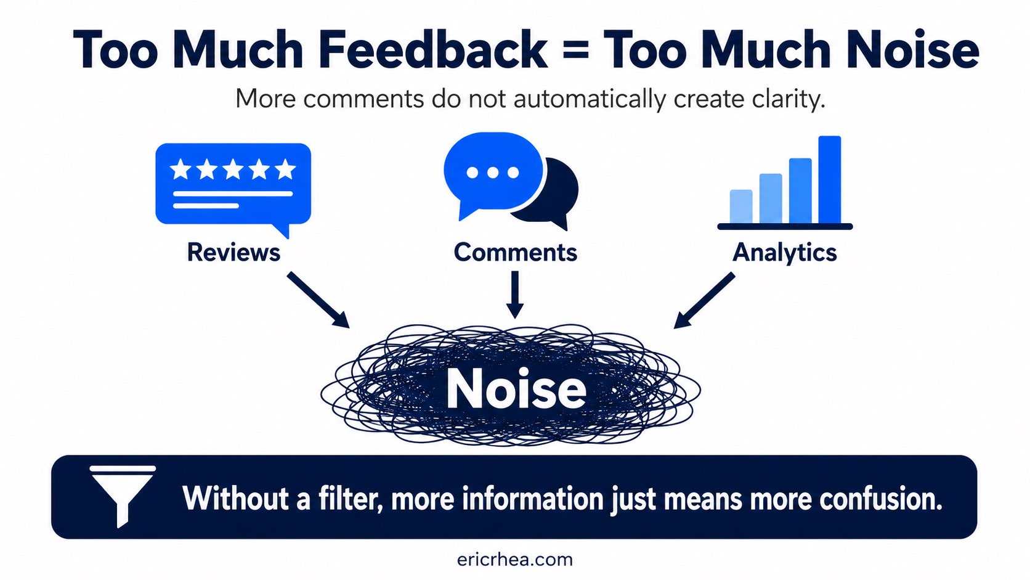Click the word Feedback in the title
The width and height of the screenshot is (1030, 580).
click(x=432, y=50)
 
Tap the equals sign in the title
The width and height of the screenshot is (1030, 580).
click(x=575, y=51)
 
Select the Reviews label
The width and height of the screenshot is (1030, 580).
click(x=233, y=252)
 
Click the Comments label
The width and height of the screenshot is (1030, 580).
click(x=516, y=252)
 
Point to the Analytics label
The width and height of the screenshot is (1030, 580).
click(x=784, y=253)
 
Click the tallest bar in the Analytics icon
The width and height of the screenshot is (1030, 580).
click(x=830, y=179)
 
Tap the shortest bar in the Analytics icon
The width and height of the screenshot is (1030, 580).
click(x=741, y=206)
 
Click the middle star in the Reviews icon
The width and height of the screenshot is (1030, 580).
click(x=233, y=170)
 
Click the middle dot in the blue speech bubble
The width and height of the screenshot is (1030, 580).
click(x=493, y=173)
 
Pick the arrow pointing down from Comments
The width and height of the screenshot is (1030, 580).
click(x=515, y=295)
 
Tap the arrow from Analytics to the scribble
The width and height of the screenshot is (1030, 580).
click(x=704, y=300)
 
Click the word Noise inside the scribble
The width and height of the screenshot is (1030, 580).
click(x=516, y=389)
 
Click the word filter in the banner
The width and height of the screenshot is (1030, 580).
click(x=351, y=499)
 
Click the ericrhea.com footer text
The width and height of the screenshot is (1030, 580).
click(x=515, y=560)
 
